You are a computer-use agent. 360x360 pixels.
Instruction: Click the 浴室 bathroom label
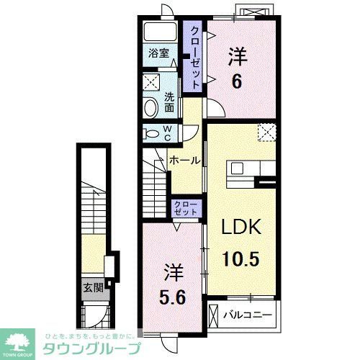(x=158, y=53)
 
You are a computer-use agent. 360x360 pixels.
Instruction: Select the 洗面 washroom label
(x=170, y=102)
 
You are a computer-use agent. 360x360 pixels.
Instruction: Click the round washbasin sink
(x=150, y=109)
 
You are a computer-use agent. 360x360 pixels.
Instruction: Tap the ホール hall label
(x=184, y=161)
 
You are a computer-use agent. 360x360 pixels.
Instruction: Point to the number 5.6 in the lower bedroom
(x=172, y=295)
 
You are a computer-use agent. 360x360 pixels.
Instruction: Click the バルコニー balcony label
(x=247, y=315)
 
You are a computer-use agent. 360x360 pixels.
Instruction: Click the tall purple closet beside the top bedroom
(x=194, y=55)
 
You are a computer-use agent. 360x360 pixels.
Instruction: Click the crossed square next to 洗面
(x=150, y=81)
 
